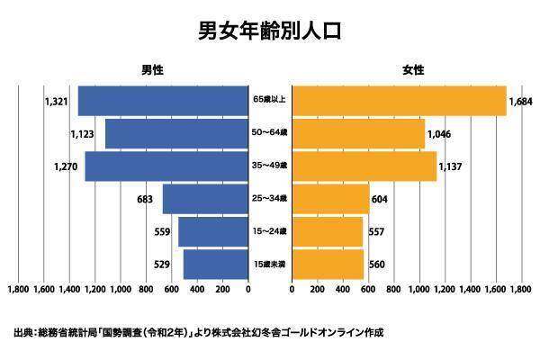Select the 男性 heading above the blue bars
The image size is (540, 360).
coord(152,69)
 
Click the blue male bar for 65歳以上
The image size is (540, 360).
coord(163,101)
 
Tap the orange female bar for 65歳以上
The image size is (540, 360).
coord(399,101)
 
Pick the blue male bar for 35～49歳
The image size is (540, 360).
coord(166,166)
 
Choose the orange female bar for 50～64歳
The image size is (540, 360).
coord(358,133)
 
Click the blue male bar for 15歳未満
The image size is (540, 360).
coord(215,265)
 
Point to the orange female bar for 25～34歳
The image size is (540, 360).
coord(330,199)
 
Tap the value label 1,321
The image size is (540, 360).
coord(56,101)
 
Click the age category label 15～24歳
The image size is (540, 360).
coord(269,232)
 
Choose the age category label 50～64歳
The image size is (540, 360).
coord(269,133)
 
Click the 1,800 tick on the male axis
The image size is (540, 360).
coord(18,291)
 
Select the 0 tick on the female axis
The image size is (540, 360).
coord(292,291)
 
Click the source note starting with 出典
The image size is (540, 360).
coord(198,332)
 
